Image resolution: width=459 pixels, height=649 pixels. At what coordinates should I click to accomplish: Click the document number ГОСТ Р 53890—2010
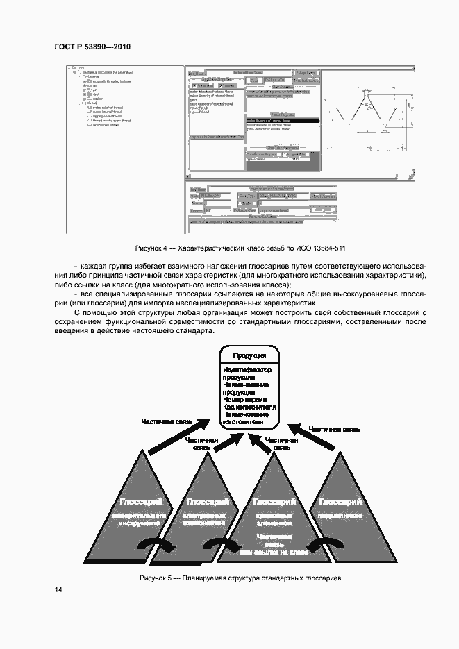[x=92, y=47]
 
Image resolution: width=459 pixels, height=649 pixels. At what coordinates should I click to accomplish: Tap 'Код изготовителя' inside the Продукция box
[x=250, y=407]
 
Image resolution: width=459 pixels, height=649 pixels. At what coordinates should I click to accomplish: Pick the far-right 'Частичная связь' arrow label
[x=334, y=429]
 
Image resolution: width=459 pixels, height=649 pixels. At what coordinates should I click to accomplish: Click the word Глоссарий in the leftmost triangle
[x=141, y=502]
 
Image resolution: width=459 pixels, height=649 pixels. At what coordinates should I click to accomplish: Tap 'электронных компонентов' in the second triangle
[x=205, y=520]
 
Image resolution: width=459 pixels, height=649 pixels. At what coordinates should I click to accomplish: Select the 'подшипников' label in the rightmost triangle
[x=340, y=516]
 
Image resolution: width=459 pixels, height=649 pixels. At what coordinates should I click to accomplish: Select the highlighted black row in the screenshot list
[x=282, y=121]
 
